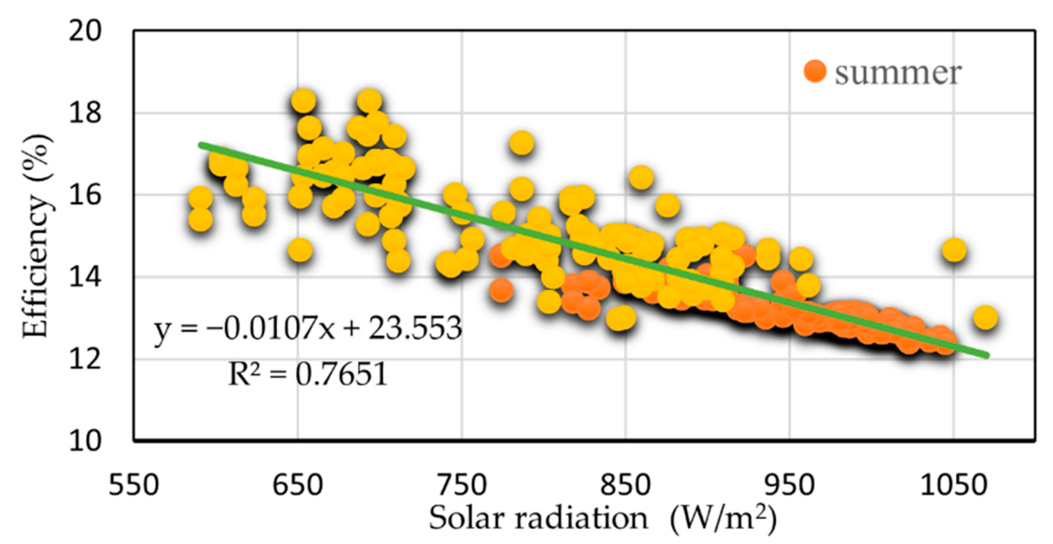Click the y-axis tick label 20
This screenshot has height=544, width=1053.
[85, 32]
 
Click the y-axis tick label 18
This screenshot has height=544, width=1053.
[85, 113]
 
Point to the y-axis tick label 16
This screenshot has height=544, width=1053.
[85, 195]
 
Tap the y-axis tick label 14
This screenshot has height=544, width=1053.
[85, 277]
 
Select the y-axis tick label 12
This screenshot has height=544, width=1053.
[85, 359]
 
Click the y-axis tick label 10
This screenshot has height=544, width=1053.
[85, 441]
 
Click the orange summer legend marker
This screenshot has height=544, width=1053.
[815, 72]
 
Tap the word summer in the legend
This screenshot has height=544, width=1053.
[898, 73]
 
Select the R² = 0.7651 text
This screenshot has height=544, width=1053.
[308, 374]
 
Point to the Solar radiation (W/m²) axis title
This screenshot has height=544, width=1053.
[603, 518]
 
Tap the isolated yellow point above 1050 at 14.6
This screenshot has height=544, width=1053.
[954, 250]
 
